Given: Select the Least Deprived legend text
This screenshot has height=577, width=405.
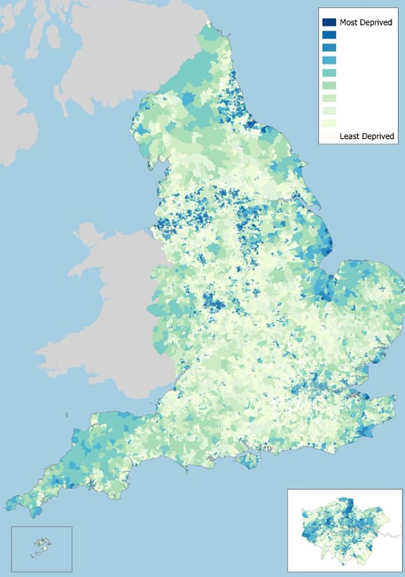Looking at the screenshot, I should click(367, 136).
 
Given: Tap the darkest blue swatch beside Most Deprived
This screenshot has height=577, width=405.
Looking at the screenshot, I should click(329, 22).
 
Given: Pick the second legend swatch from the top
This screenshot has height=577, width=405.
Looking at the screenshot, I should click(329, 35).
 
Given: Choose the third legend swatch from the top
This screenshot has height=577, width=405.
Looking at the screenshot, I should click(329, 48).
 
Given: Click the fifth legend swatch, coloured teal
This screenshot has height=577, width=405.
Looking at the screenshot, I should click(329, 73).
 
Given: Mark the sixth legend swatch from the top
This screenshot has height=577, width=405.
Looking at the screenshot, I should click(329, 86).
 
